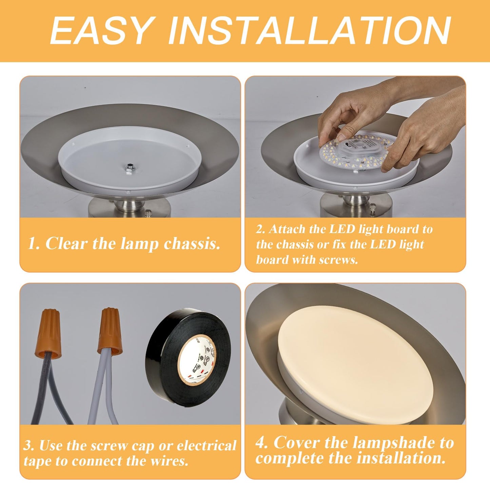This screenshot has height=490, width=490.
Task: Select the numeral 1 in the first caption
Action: coord(33,243)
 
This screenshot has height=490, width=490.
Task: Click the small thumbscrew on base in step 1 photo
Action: coord(148,213)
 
